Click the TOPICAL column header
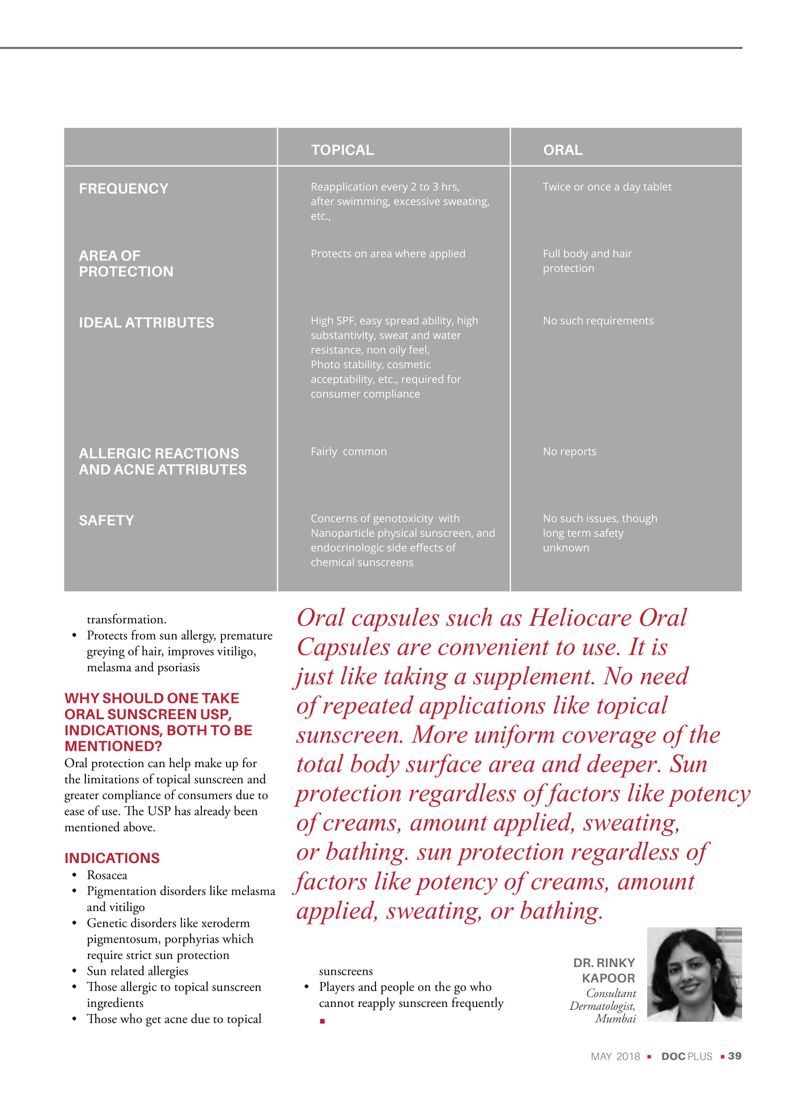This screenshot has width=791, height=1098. point(342,150)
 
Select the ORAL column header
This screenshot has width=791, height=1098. point(562,150)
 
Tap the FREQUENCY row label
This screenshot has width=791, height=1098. point(123,188)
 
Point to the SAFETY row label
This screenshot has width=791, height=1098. point(106,520)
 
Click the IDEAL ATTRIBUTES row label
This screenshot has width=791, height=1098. point(146,322)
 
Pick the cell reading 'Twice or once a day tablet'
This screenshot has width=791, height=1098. point(606,187)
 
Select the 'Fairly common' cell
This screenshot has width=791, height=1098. point(349,451)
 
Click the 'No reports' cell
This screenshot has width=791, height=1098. point(570,451)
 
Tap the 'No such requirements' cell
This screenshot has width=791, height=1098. point(598,320)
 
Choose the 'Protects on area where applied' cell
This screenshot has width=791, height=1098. point(388,254)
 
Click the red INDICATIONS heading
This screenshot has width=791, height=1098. point(112,858)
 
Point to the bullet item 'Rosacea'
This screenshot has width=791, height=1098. point(107,876)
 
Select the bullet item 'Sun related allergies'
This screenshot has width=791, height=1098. point(138,971)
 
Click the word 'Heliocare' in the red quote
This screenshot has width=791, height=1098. point(580,618)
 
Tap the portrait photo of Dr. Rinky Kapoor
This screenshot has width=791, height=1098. point(694,975)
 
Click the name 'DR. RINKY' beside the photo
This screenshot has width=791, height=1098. point(604,963)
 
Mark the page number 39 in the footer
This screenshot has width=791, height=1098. point(734,1056)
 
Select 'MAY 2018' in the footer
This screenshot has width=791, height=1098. point(615,1057)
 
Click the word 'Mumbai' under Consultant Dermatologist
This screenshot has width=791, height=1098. point(615,1018)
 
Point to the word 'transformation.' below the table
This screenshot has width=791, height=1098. point(127,619)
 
